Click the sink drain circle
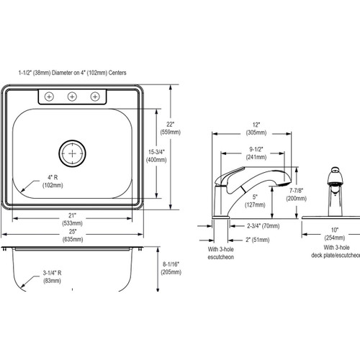point(73,153)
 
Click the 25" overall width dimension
point(72,238)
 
